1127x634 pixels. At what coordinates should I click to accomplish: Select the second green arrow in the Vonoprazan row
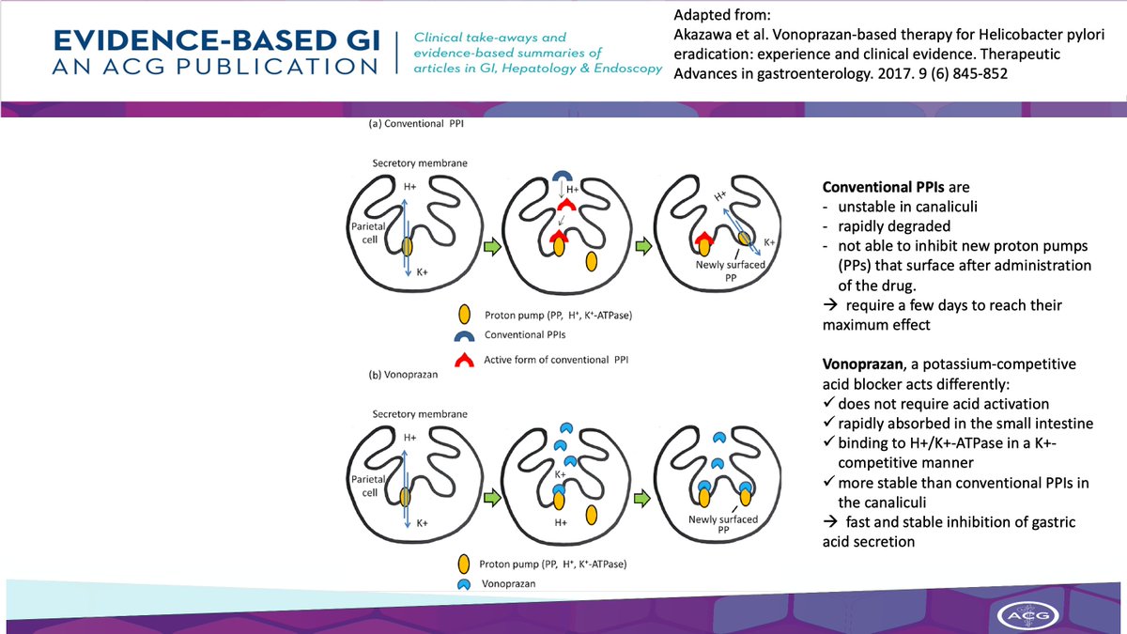(644, 495)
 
